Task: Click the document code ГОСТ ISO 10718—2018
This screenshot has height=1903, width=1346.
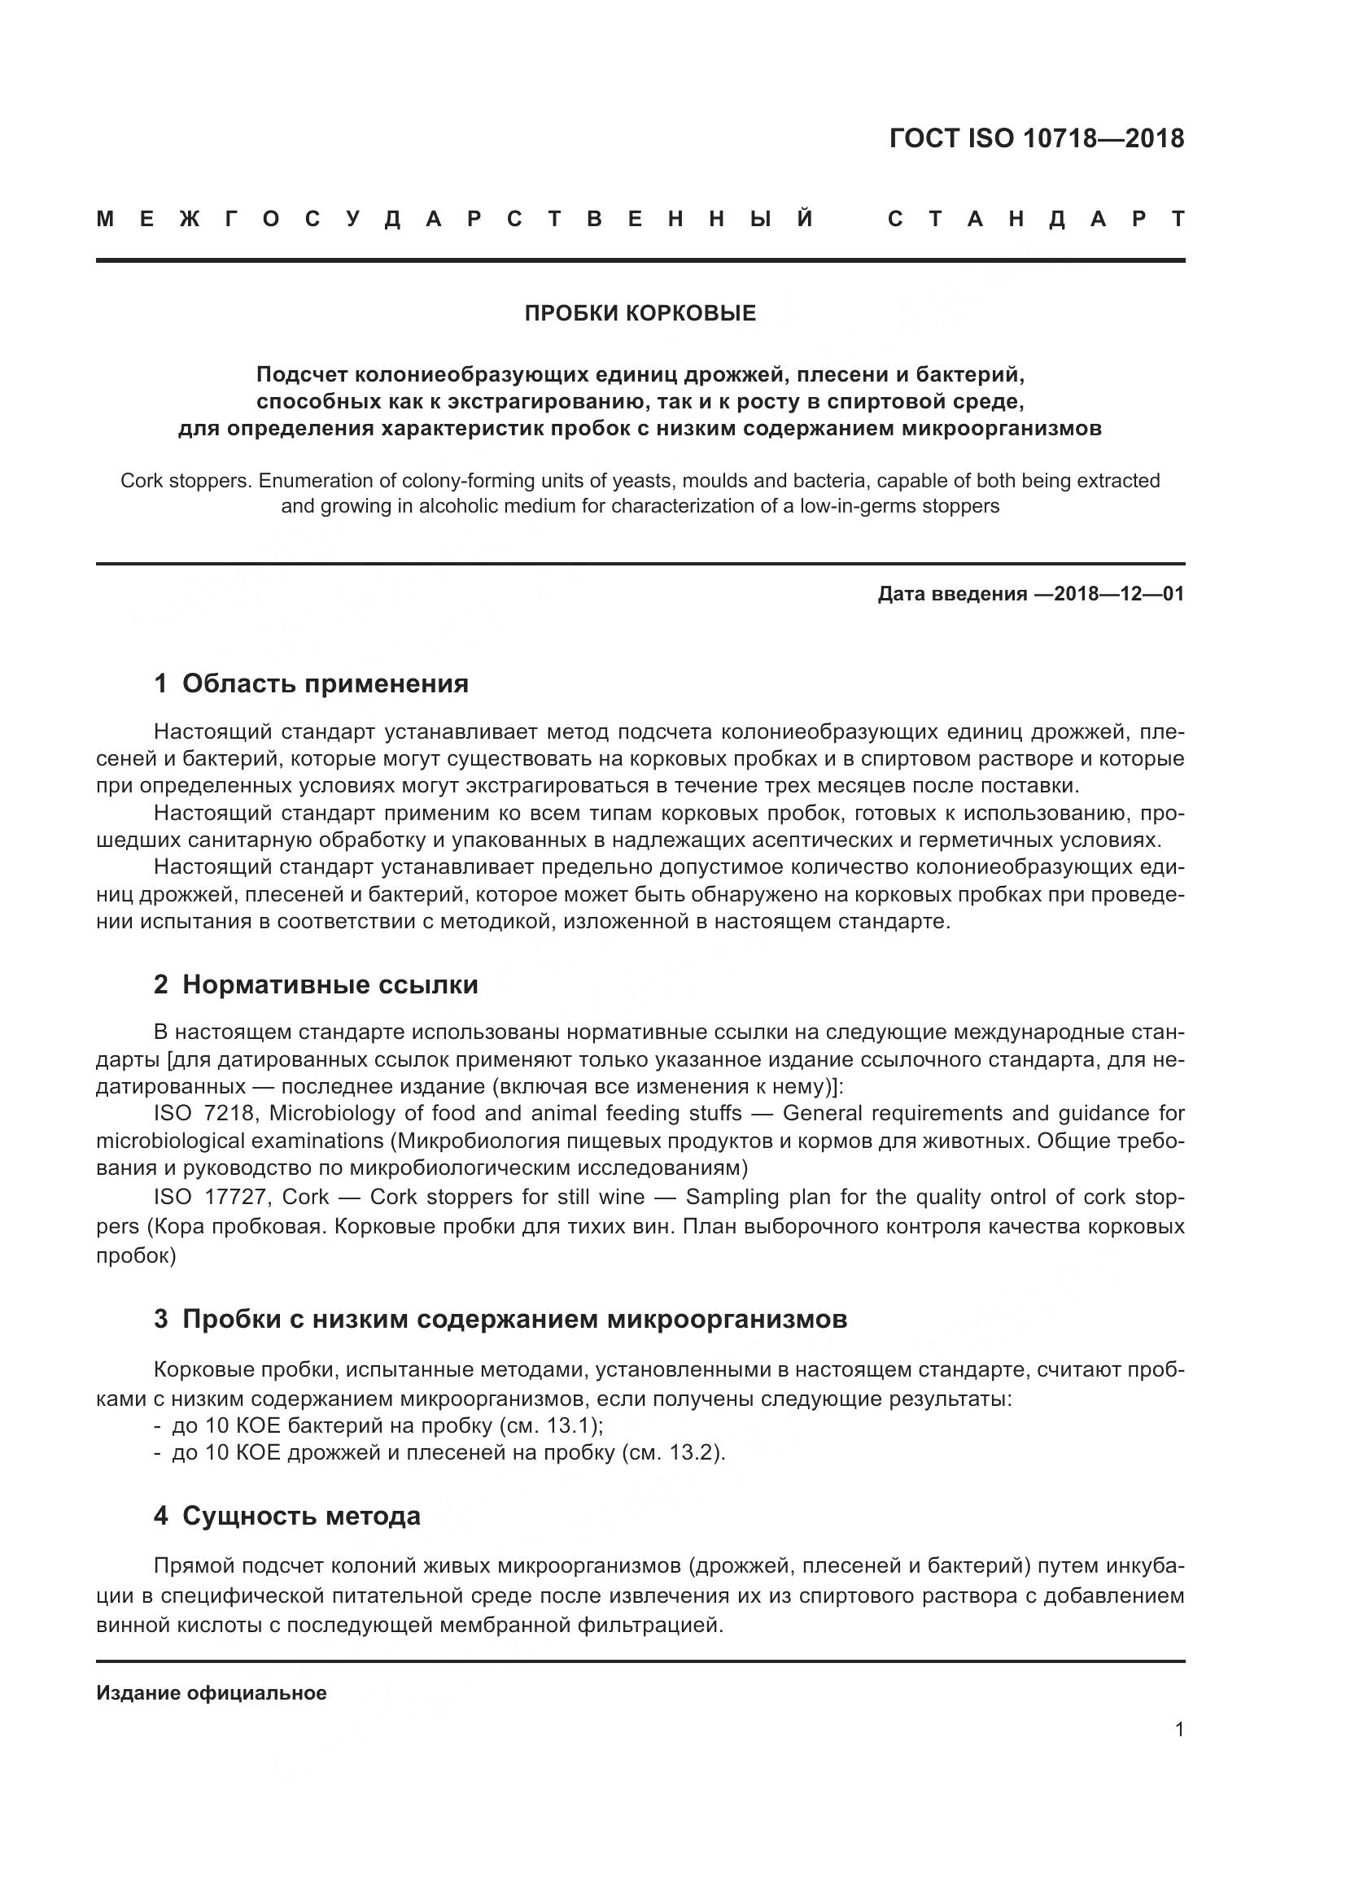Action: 1036,137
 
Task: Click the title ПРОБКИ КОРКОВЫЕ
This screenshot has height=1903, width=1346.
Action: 640,313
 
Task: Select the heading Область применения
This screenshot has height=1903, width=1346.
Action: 325,683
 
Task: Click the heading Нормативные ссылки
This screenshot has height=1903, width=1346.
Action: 330,984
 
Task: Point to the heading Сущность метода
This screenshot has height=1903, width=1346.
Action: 301,1515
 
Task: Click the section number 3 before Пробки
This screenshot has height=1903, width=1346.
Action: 161,1319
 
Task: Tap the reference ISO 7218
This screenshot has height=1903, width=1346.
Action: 204,1113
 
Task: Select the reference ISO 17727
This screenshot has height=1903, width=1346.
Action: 210,1197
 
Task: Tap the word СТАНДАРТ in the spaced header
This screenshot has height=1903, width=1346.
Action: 1036,219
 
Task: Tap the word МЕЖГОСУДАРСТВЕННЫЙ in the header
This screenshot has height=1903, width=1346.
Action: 455,219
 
